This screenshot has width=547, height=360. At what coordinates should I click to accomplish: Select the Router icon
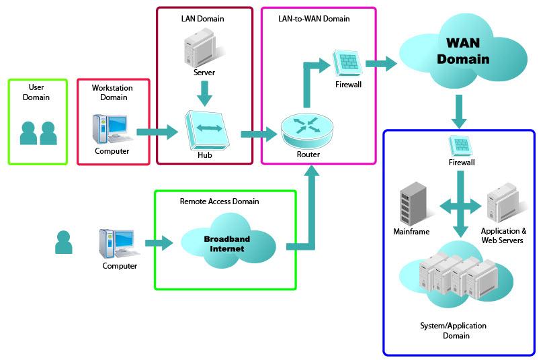click(x=308, y=128)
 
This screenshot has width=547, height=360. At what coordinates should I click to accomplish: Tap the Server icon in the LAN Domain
click(x=200, y=48)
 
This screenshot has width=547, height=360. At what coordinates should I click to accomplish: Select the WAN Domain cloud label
click(x=462, y=51)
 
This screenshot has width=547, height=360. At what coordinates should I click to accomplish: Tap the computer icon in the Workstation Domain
click(x=112, y=128)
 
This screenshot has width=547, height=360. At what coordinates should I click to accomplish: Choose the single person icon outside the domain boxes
click(x=64, y=242)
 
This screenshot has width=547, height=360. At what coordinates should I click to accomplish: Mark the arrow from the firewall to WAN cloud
click(x=381, y=65)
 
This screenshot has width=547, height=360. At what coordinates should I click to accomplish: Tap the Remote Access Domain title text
click(x=219, y=201)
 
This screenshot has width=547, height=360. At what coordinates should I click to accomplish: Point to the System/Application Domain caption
click(x=453, y=330)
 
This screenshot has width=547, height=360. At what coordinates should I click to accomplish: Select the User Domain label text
click(x=36, y=92)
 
